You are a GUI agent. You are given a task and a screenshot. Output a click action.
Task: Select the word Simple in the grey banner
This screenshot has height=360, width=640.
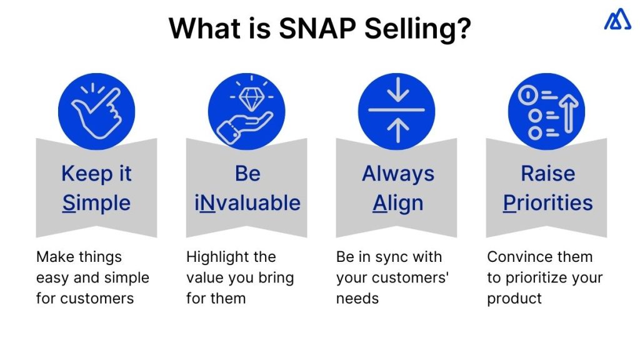pyautogui.click(x=96, y=203)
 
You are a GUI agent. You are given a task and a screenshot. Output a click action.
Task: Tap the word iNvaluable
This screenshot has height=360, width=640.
pyautogui.click(x=247, y=203)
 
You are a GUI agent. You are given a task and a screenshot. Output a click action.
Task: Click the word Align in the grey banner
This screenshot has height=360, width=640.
pyautogui.click(x=397, y=203)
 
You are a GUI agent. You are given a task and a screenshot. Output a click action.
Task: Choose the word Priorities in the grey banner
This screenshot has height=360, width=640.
pyautogui.click(x=547, y=203)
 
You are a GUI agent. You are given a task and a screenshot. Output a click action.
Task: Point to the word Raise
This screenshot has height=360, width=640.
pyautogui.click(x=547, y=174)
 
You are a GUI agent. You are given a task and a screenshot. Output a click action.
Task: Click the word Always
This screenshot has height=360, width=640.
pyautogui.click(x=397, y=174)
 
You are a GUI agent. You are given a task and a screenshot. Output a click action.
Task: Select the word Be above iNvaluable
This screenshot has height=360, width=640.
pyautogui.click(x=247, y=174)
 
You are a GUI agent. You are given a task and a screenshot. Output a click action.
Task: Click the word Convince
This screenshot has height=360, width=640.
pyautogui.click(x=516, y=257)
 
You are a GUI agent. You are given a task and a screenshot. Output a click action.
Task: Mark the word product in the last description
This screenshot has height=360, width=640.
pyautogui.click(x=514, y=298)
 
